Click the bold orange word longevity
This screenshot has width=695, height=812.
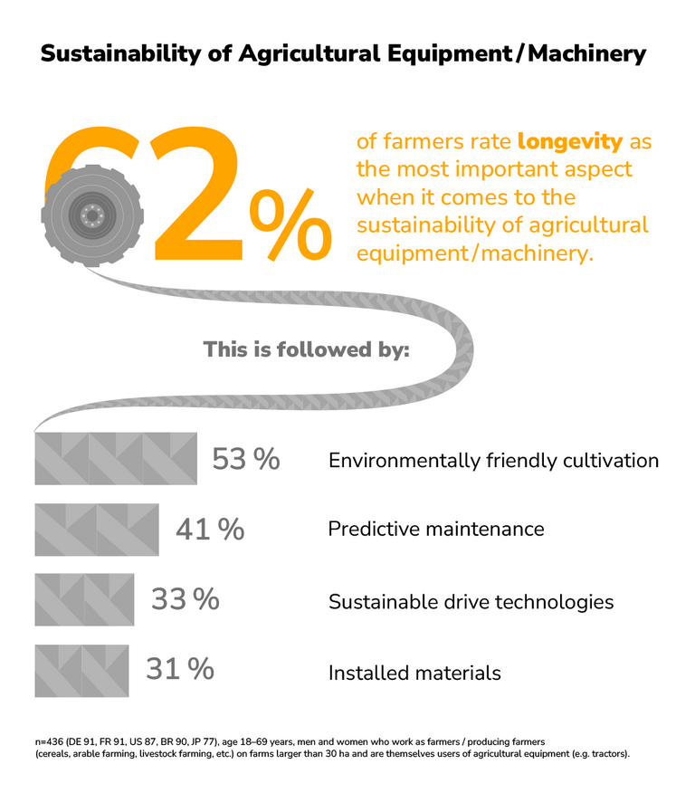click(570, 142)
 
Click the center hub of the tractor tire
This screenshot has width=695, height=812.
click(92, 215)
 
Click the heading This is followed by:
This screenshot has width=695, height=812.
click(306, 349)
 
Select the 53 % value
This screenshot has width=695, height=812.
click(246, 460)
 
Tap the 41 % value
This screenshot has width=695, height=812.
click(210, 530)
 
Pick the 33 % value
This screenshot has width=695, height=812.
click(185, 599)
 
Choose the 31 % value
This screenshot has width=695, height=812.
click(180, 670)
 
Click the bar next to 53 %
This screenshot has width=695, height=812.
click(116, 458)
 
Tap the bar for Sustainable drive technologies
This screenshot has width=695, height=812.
click(84, 599)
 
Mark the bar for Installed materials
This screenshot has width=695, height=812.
click(82, 670)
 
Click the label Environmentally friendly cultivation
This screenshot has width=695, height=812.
click(493, 461)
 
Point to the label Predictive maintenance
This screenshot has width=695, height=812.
click(435, 529)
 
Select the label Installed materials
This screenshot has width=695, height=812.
click(414, 673)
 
